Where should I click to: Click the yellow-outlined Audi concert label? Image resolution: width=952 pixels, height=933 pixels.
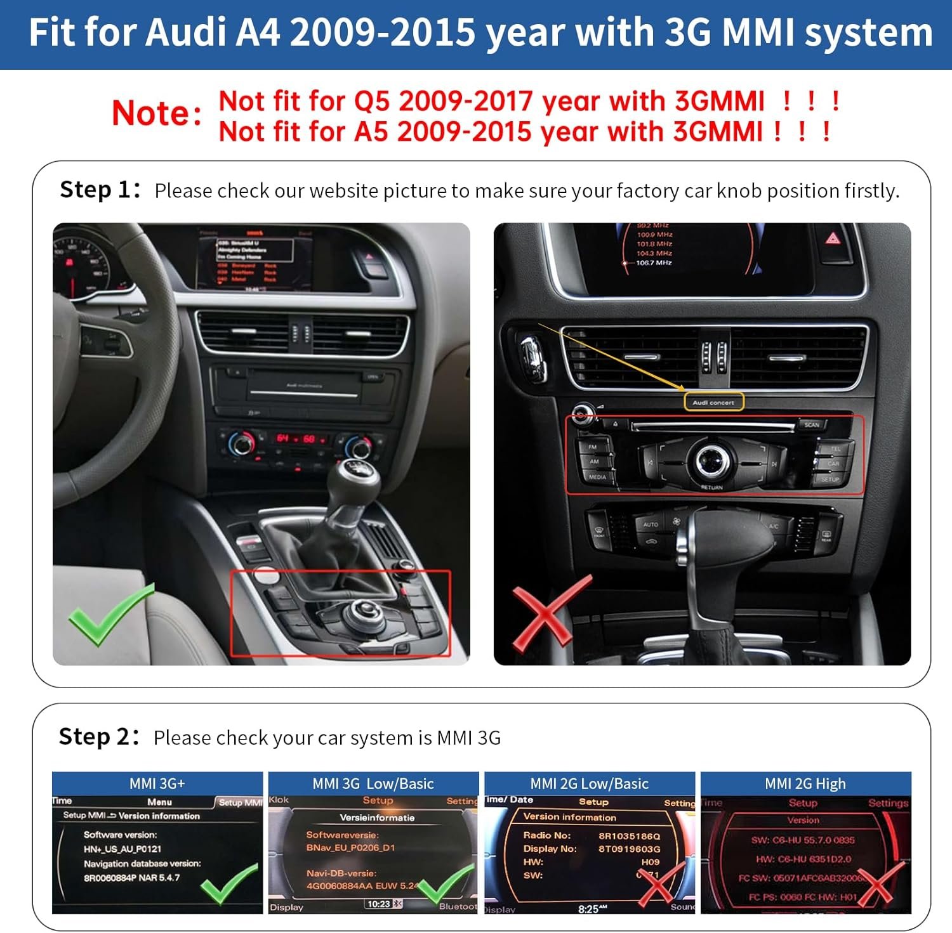click(x=713, y=402)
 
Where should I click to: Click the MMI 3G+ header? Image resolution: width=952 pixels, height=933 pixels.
click(x=157, y=783)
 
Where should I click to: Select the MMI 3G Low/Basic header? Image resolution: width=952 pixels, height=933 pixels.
click(x=373, y=783)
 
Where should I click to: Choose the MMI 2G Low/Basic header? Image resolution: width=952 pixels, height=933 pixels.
click(x=590, y=783)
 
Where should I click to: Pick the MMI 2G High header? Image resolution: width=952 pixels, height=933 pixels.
click(x=805, y=783)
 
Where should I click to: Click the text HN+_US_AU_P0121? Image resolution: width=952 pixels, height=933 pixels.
click(x=122, y=849)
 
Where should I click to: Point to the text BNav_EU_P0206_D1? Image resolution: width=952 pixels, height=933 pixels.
click(x=350, y=847)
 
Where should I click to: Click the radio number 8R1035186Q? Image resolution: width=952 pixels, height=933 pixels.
click(x=629, y=835)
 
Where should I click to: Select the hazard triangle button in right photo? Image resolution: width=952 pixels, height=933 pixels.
click(x=833, y=238)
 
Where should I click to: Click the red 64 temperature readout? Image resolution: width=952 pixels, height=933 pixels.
click(x=282, y=438)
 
